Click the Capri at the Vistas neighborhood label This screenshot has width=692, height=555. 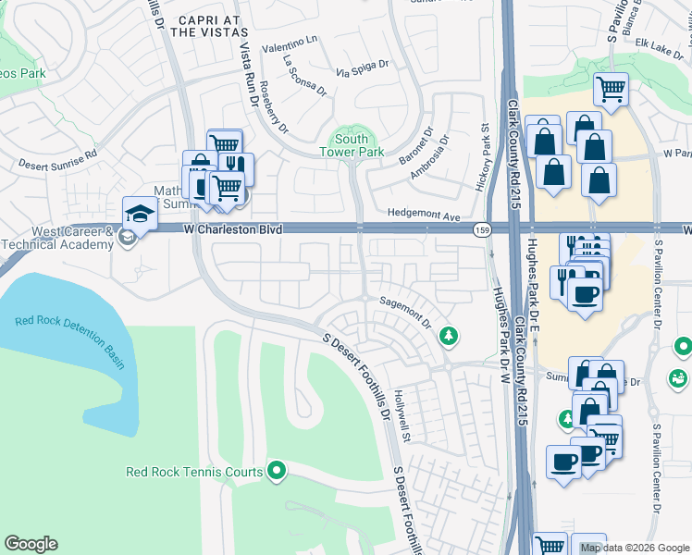coord(195,25)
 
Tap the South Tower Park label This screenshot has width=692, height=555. coord(352,144)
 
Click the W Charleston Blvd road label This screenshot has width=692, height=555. coord(232,228)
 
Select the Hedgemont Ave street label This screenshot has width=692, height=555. coord(424,216)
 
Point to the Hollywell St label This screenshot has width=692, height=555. coord(407,401)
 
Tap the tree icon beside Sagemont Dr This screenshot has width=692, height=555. coord(449,334)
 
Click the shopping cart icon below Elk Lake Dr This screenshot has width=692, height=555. coord(611,90)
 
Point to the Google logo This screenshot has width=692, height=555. coord(31,544)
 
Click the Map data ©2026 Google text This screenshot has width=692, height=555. coord(633,548)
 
